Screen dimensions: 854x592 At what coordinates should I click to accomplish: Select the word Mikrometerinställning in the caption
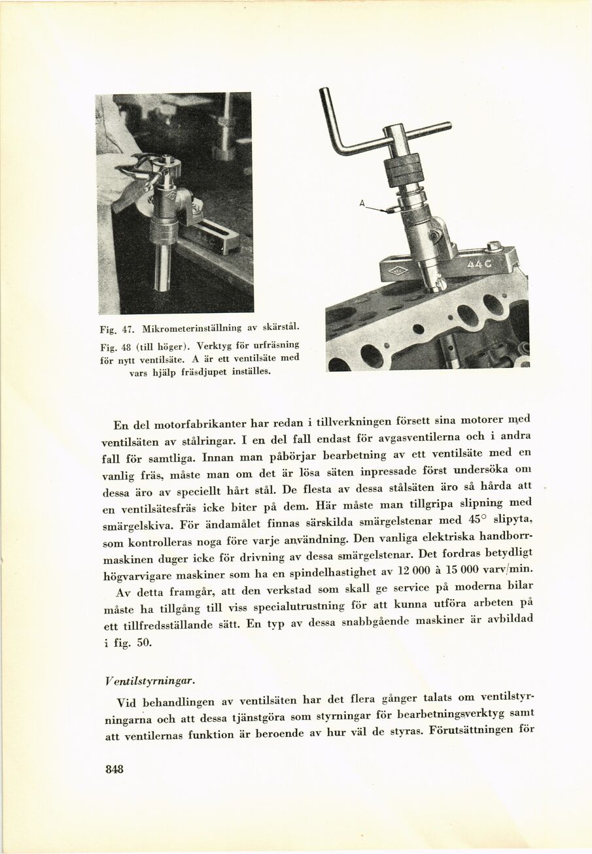tap(190, 326)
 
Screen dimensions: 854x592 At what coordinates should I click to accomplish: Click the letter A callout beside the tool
tap(362, 204)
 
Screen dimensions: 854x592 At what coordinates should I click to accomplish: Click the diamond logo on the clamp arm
tap(398, 271)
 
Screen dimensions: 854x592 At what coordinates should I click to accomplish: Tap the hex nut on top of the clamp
tap(494, 246)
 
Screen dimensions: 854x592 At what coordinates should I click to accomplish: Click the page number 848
tap(114, 769)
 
